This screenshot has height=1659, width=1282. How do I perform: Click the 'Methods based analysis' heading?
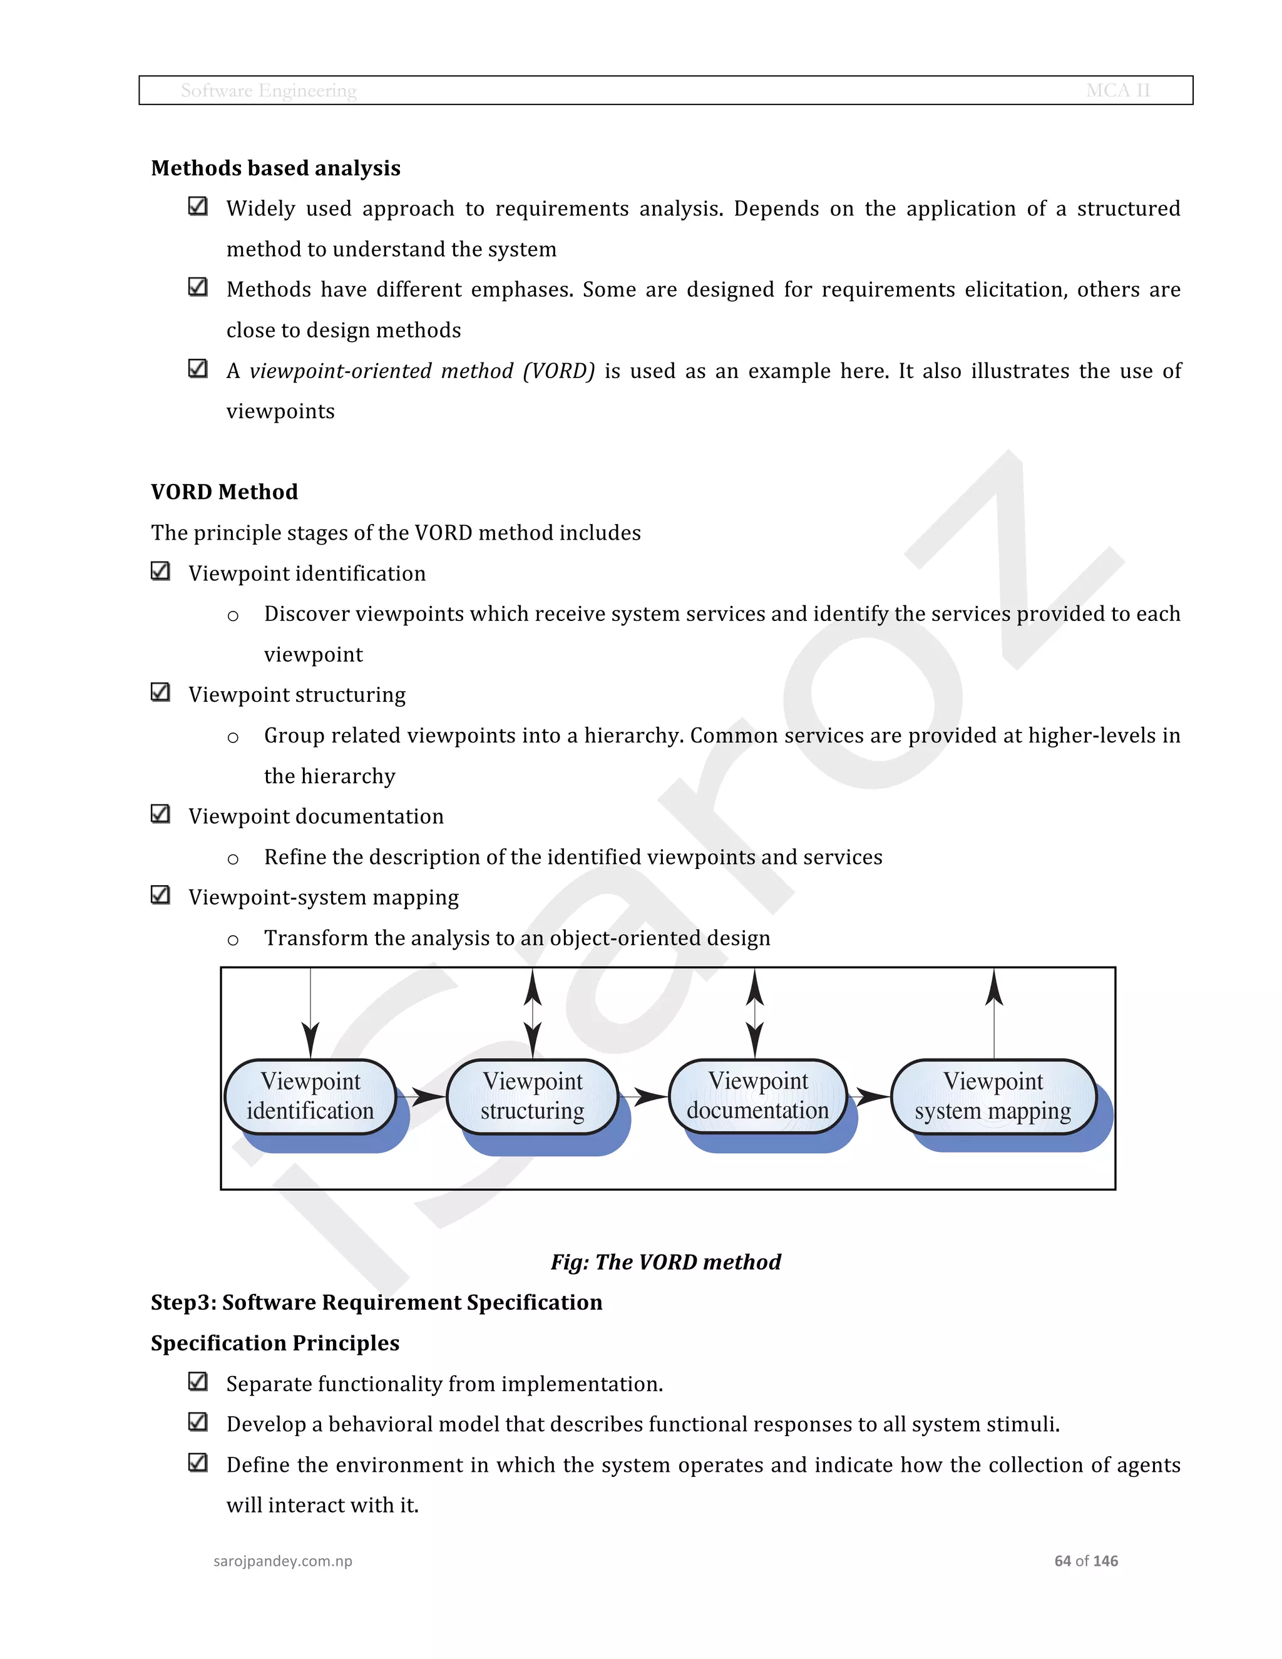tap(275, 168)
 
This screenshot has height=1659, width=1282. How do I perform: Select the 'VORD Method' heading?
tap(224, 491)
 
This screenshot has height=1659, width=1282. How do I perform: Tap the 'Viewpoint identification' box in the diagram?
tap(310, 1096)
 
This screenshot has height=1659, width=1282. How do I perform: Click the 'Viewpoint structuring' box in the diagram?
tap(533, 1096)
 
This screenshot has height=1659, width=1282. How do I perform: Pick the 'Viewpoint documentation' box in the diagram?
tap(757, 1096)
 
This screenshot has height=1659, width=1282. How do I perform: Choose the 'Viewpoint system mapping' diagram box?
tap(993, 1096)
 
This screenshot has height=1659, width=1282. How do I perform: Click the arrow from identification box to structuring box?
tap(421, 1096)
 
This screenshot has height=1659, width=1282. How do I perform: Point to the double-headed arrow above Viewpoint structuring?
tap(533, 1014)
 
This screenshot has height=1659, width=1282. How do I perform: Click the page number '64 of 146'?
tap(1086, 1561)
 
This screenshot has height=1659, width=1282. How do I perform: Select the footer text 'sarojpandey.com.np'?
tap(282, 1561)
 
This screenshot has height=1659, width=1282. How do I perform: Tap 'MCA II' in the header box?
tap(1118, 90)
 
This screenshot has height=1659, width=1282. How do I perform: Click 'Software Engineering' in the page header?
tap(269, 90)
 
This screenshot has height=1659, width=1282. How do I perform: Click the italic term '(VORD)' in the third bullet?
tap(559, 371)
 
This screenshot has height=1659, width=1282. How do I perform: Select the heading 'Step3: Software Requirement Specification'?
tap(377, 1302)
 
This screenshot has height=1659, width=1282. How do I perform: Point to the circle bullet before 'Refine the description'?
tap(233, 859)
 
